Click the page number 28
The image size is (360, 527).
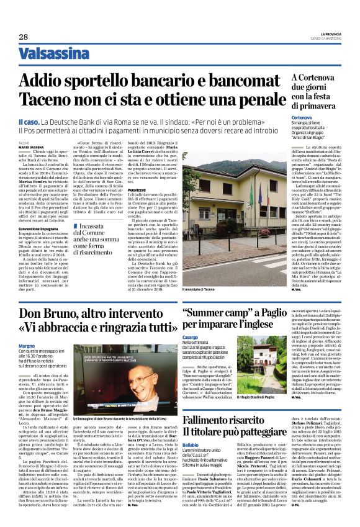23,37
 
